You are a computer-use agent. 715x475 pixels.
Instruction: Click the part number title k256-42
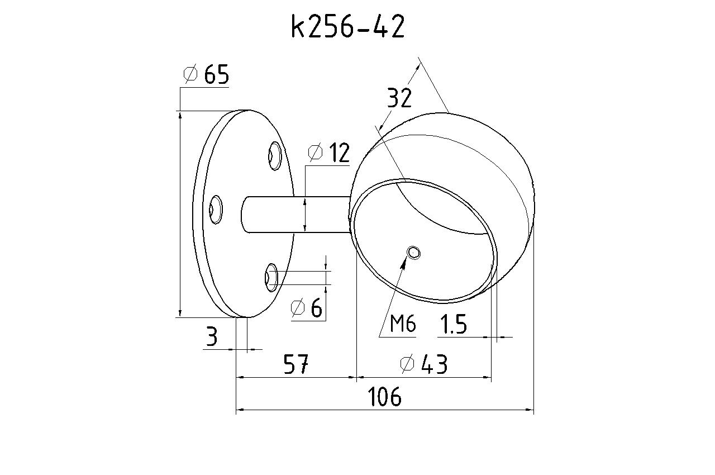348,26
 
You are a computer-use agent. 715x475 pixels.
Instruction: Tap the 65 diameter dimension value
216,74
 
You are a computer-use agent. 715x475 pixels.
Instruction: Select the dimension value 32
399,98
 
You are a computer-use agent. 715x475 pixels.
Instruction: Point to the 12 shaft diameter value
340,153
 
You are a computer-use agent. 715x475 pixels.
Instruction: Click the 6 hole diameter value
316,308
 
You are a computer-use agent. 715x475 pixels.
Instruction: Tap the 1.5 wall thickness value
453,324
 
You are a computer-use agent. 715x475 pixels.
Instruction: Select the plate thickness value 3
212,336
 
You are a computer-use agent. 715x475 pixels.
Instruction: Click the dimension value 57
295,364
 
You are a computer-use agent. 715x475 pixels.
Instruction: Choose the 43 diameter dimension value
434,364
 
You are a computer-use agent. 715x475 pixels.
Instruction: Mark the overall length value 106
384,397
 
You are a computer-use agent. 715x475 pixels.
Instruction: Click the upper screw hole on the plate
274,156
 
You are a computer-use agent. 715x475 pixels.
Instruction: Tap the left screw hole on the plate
216,210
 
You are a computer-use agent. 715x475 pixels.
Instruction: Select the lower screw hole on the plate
271,277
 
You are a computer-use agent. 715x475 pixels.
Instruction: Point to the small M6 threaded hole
413,253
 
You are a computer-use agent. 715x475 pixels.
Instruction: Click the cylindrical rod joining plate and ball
295,214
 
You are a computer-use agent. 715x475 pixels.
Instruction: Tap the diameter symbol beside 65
190,74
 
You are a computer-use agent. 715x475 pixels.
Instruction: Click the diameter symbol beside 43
407,364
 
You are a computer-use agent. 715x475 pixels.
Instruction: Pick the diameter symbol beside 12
315,152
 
